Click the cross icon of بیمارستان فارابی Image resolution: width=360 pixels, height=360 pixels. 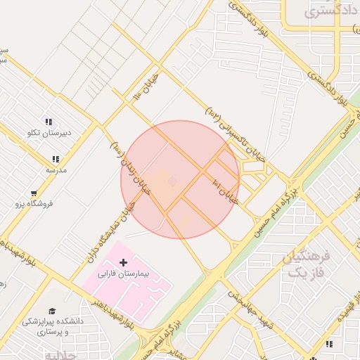point(124,262)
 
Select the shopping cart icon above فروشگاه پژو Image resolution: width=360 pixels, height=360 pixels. point(34,193)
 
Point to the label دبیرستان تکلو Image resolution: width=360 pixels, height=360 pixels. point(49,131)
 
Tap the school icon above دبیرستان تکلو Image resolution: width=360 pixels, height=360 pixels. point(49,121)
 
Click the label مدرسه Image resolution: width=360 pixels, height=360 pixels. point(56,169)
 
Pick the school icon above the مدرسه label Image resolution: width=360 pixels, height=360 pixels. point(56,159)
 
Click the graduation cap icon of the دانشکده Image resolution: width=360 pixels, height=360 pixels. point(52,310)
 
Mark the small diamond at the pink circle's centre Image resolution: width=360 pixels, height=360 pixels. point(172,182)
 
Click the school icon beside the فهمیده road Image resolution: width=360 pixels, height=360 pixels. point(328,344)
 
